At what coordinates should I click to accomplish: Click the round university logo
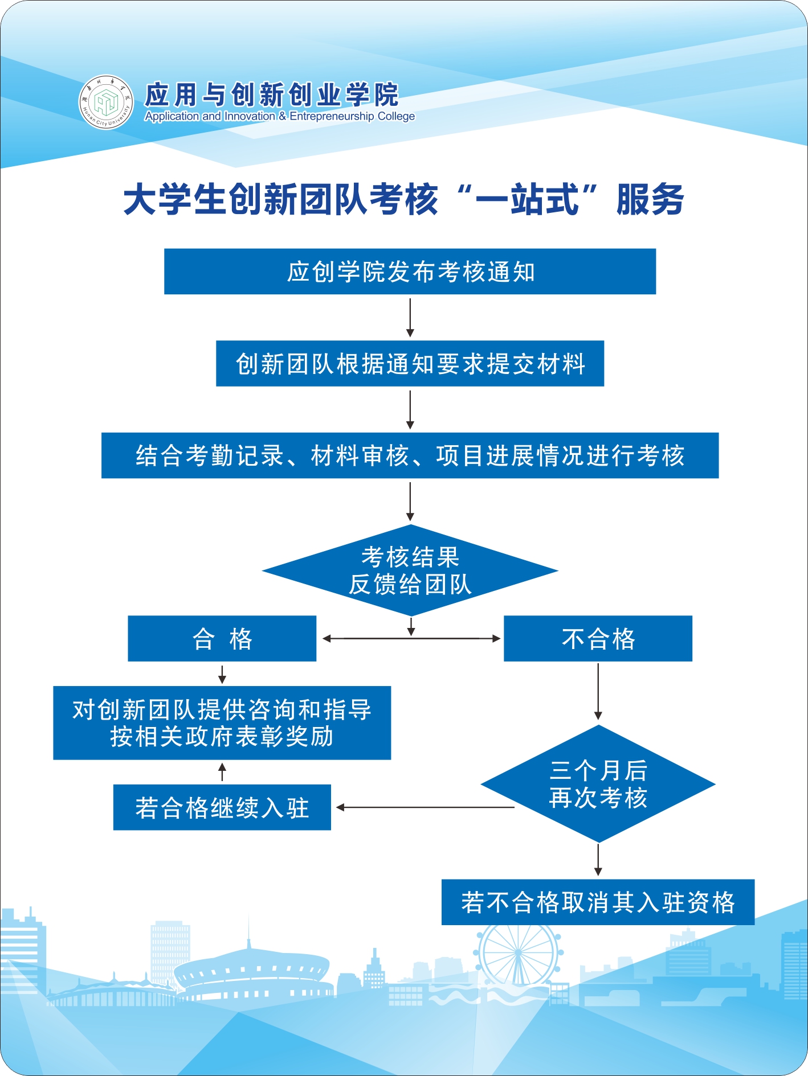point(106,102)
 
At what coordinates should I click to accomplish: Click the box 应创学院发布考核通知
point(410,272)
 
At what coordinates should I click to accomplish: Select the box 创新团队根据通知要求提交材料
point(410,364)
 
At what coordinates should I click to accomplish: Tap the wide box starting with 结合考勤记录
point(410,455)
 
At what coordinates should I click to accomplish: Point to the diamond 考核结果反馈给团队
point(410,570)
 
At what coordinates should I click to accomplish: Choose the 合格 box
point(222,638)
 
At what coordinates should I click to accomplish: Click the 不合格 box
point(598,638)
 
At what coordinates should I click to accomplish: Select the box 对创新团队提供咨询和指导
point(222,723)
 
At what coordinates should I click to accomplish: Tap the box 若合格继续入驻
point(222,807)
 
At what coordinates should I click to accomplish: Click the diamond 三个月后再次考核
point(598,784)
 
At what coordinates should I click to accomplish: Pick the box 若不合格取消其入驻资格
point(598,902)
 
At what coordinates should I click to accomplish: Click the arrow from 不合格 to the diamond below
point(598,691)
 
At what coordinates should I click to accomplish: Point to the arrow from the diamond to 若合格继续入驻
point(425,807)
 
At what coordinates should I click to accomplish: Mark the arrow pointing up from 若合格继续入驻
point(222,772)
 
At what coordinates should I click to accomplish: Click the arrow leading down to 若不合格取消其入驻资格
point(598,860)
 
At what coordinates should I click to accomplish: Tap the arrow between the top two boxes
point(410,317)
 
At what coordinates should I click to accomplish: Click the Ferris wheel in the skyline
point(517,952)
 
